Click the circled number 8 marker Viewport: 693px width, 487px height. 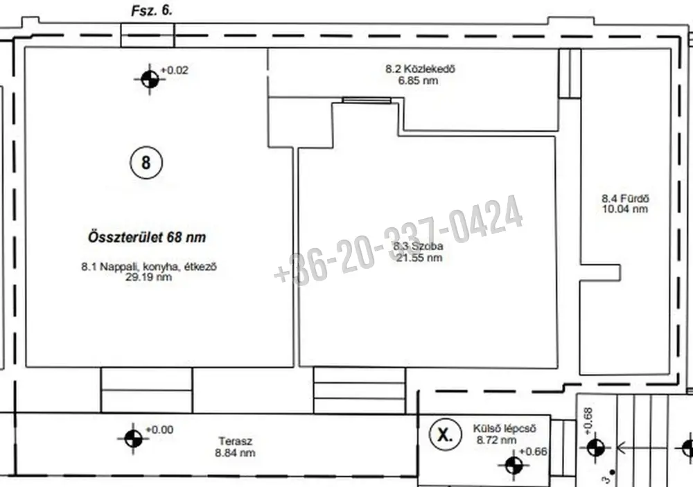[146, 162]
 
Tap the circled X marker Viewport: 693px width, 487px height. [445, 434]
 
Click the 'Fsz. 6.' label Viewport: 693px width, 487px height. [152, 11]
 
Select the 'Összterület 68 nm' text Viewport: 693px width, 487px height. [147, 237]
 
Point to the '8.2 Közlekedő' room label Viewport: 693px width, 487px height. [420, 69]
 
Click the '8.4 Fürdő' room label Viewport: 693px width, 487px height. [625, 198]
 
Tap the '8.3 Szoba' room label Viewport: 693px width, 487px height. [418, 246]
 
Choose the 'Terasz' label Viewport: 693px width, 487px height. [235, 441]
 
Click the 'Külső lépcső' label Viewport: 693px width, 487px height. [505, 429]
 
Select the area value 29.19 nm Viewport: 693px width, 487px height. [148, 277]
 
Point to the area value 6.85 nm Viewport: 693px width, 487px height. [418, 80]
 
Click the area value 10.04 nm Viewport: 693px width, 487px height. [625, 209]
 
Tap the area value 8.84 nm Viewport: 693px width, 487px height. [235, 452]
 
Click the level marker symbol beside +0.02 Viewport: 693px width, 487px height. [150, 80]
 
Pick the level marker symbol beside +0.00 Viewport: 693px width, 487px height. [133, 439]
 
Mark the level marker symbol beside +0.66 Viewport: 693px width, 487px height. [514, 465]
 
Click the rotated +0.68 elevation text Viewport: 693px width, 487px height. [588, 420]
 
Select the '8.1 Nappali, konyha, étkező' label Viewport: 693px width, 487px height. [149, 267]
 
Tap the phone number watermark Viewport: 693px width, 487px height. [398, 240]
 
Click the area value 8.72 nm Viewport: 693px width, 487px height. [496, 440]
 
